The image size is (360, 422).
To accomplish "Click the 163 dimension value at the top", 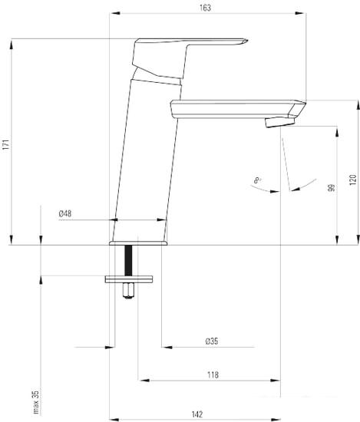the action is coord(205,8).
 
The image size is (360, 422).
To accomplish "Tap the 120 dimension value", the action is coord(353,180).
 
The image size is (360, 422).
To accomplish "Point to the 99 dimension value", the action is coord(332,188).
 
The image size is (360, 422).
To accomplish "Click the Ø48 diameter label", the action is coord(65,214).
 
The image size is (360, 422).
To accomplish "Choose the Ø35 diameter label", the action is coord(212,341).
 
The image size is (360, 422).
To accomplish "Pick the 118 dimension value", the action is coord(213,374).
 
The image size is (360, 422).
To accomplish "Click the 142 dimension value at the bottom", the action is coord(197,414).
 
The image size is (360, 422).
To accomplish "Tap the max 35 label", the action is coord(36,402).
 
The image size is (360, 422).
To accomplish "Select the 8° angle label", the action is coord(257,180).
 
